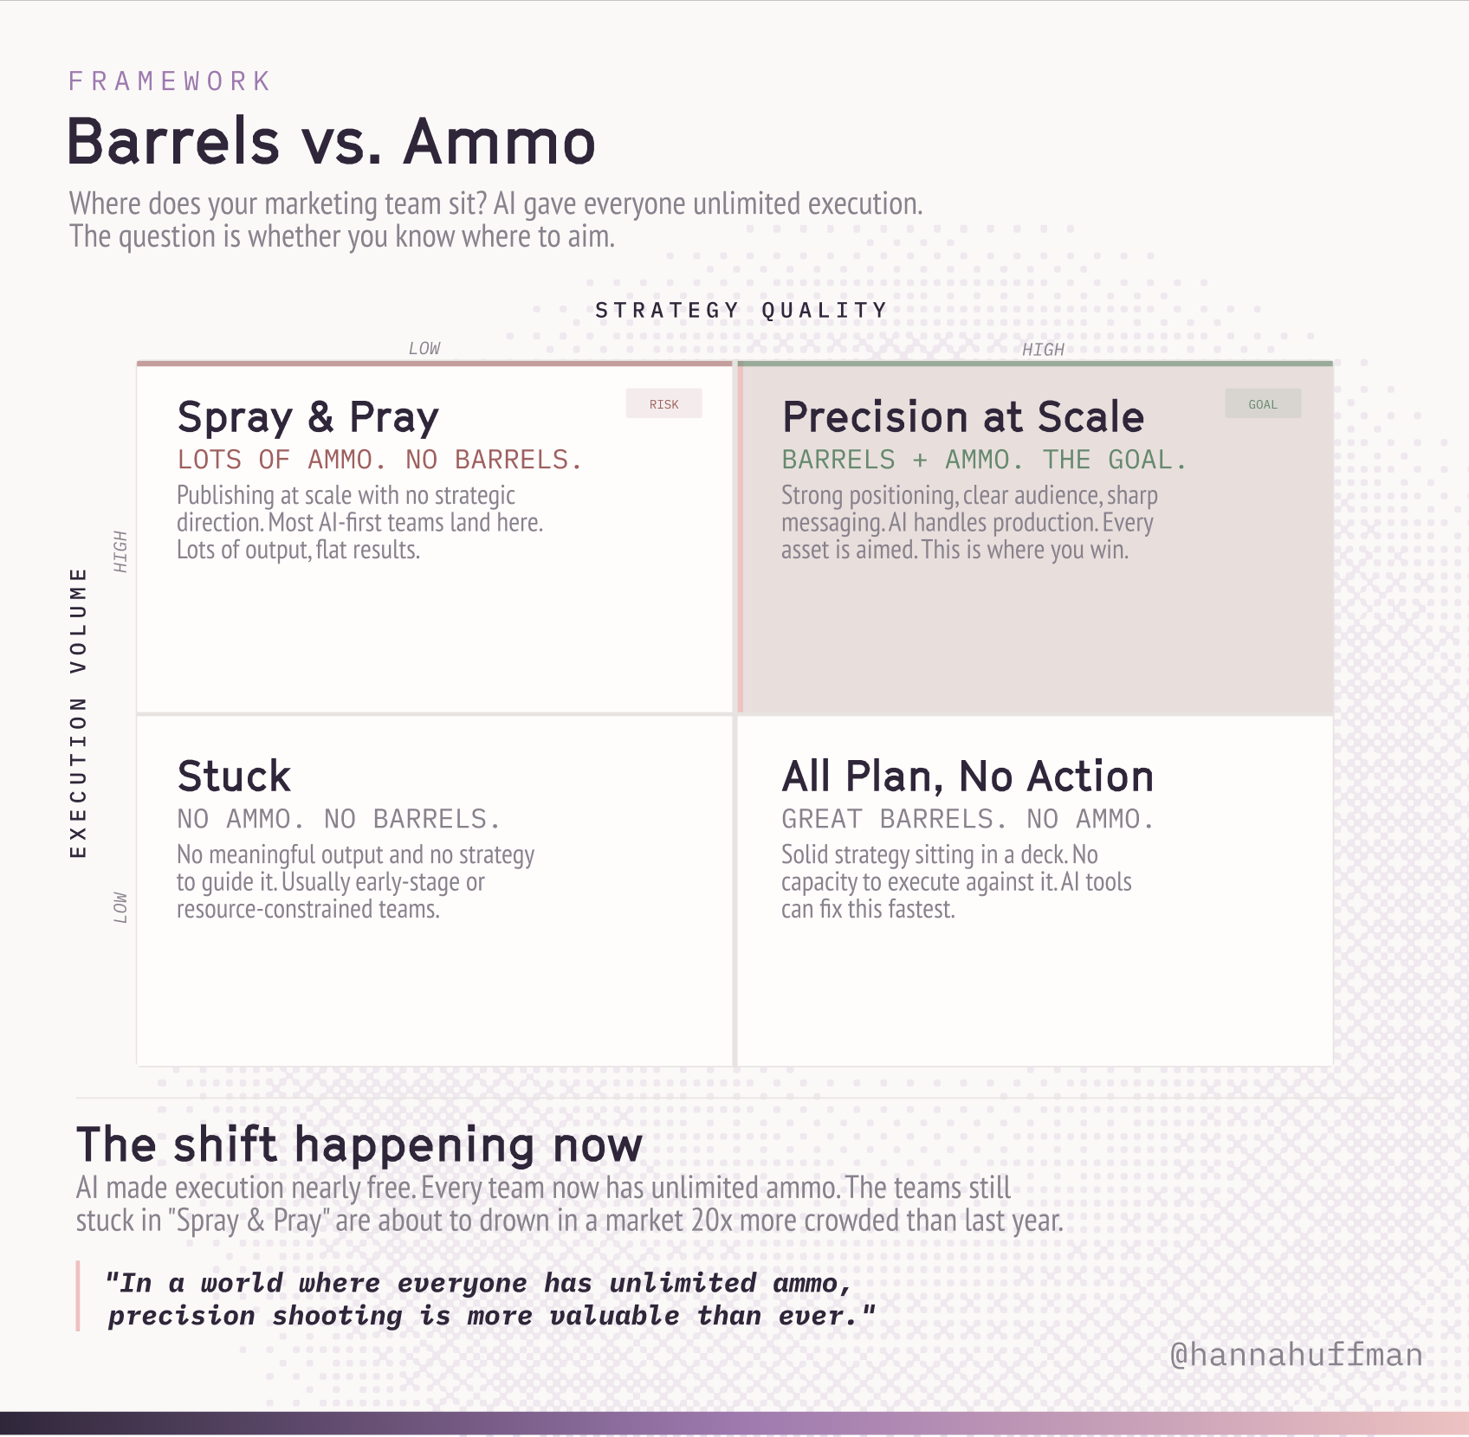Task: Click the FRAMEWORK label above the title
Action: pos(170,81)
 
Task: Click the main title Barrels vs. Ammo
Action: pos(332,141)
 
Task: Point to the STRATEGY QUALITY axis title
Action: pos(741,310)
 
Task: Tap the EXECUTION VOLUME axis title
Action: pos(78,712)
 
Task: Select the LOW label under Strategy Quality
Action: pos(424,348)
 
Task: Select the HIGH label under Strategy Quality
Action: pos(1043,349)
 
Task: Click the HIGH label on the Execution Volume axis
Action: pos(120,551)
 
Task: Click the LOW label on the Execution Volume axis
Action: pos(120,908)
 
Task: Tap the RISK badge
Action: pos(664,404)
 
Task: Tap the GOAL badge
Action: pos(1263,404)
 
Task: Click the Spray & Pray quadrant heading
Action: pos(307,418)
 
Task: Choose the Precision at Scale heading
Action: pos(963,417)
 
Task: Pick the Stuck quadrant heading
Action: pos(234,776)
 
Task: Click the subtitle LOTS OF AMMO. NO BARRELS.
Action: pos(379,460)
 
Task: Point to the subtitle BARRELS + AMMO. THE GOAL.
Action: pos(984,460)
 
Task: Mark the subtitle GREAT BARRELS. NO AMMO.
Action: pos(967,819)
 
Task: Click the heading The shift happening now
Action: pos(359,1145)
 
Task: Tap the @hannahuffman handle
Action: pos(1296,1355)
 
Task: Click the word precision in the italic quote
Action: pos(181,1317)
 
